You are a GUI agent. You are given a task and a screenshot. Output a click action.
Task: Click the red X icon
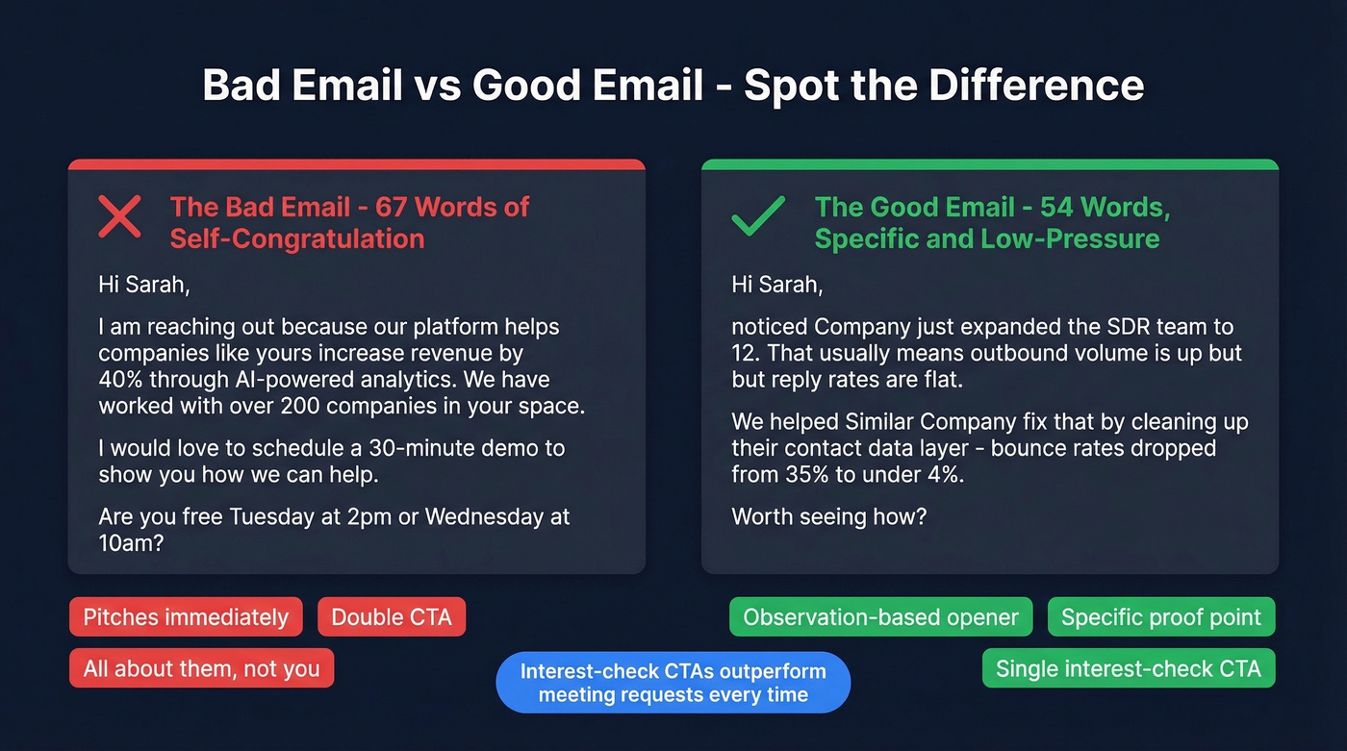coord(120,216)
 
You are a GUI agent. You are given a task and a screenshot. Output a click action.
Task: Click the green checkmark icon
coord(758,216)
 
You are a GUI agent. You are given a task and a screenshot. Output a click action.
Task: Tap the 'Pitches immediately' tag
coord(186,616)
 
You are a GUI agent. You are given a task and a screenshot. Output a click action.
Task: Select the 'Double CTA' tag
coord(392,616)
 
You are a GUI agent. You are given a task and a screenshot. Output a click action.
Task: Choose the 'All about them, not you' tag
coord(201,668)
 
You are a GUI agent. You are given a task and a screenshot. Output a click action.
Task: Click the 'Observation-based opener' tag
coord(880,616)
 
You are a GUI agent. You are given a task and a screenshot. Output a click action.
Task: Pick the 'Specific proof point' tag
coord(1160,616)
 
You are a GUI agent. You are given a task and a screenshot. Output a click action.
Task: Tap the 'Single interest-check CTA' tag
coord(1128,668)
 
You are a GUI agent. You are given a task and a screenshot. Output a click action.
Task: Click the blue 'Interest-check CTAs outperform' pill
coord(673,683)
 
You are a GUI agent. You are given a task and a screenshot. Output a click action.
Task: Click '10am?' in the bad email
coord(132,544)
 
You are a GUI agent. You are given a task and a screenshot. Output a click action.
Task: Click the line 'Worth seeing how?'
coord(828,516)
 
